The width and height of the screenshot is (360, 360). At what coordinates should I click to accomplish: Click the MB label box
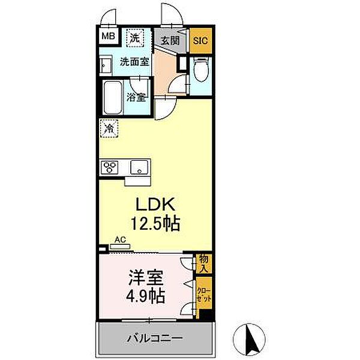(x=109, y=36)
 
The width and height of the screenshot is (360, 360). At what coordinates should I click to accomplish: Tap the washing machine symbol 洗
(x=136, y=37)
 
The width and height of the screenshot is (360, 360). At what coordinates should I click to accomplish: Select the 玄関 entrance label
(x=170, y=41)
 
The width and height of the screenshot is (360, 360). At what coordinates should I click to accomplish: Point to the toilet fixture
(x=201, y=72)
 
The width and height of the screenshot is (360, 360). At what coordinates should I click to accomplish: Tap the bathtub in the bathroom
(x=112, y=98)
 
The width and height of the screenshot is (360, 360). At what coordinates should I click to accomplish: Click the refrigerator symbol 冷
(x=109, y=127)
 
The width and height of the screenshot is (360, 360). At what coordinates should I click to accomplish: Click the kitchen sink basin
(x=140, y=166)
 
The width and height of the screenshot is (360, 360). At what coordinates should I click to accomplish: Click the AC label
(x=120, y=239)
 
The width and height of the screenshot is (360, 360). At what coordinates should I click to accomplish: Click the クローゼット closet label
(x=204, y=293)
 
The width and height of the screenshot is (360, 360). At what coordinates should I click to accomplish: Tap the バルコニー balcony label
(x=154, y=338)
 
